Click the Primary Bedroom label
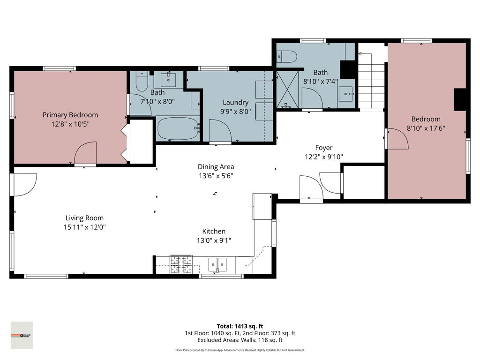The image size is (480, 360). pos(70,115)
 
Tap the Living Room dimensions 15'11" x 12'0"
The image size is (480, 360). pos(84,227)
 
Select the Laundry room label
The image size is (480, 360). pos(235,103)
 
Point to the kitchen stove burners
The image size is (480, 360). pos(180,264)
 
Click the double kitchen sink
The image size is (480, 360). pos(217,264)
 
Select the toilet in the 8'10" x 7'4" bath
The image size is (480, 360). pos(287,57)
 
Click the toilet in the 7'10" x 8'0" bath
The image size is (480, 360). pos(141,83)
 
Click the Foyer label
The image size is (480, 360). pos(323,148)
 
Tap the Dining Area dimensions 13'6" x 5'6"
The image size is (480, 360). pos(216,176)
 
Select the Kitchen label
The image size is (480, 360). pos(214,231)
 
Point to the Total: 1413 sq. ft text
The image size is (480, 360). pos(240,326)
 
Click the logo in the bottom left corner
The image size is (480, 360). pos(22,335)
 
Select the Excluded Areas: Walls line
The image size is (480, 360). pos(240,340)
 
